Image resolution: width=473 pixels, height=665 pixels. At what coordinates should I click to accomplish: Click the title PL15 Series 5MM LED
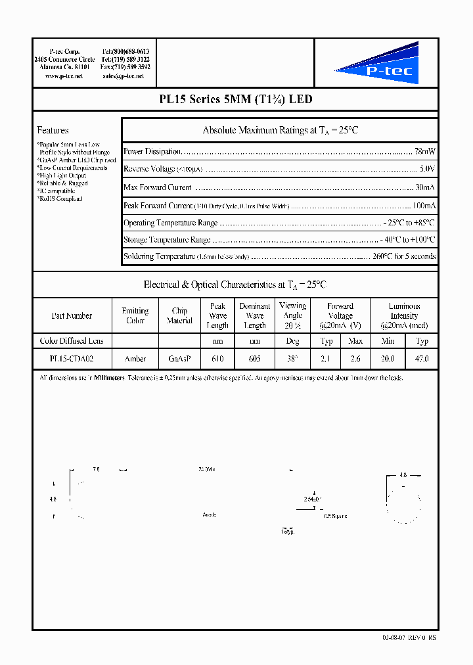[236, 100]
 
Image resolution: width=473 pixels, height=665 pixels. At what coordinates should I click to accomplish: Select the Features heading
[53, 130]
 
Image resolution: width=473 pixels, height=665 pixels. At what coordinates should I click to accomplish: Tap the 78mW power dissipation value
[425, 151]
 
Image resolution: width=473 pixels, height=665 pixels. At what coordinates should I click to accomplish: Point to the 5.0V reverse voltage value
[427, 169]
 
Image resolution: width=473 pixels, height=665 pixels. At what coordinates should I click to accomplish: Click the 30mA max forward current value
[425, 187]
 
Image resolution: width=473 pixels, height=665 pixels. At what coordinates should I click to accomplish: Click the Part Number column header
[72, 316]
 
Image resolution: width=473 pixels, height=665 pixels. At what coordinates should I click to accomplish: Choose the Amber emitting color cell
[135, 359]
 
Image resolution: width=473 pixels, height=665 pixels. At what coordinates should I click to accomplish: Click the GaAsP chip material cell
[179, 359]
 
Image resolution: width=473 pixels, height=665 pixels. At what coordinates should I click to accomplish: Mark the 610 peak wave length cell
[217, 359]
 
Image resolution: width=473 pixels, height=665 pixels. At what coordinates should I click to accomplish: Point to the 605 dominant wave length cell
[255, 359]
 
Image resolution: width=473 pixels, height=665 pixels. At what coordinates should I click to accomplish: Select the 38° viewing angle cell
[292, 359]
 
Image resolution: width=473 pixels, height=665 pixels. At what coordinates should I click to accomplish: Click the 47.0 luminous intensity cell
[422, 359]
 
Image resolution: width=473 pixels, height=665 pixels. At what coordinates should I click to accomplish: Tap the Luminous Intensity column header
[405, 315]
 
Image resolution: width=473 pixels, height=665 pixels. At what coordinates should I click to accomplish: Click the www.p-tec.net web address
[64, 76]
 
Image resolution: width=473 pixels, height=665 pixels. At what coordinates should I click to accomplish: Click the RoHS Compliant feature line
[60, 198]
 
